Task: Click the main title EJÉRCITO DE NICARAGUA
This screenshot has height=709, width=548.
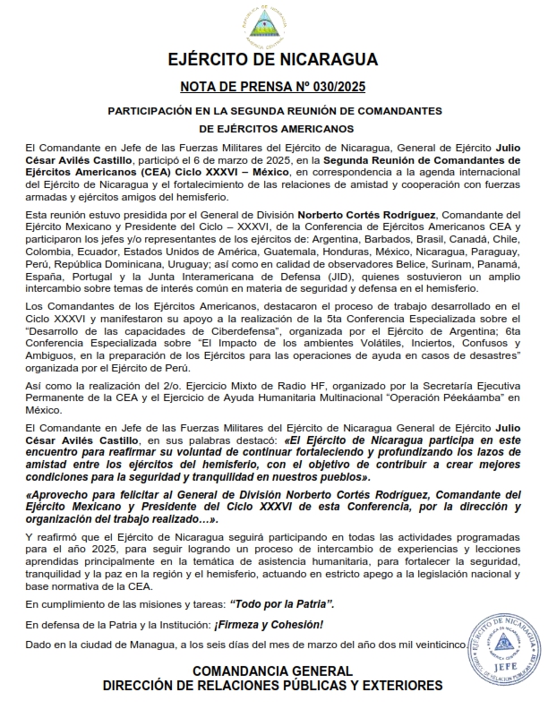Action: click(x=273, y=60)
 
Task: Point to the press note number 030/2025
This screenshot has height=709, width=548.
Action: click(x=333, y=87)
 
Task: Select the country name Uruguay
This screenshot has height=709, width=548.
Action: click(x=185, y=265)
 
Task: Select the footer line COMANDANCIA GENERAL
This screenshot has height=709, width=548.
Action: click(x=273, y=671)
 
